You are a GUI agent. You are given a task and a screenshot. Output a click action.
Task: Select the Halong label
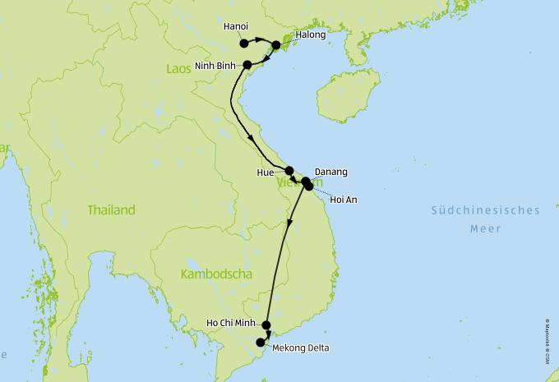311,35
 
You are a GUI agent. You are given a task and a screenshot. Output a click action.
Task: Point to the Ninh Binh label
215,66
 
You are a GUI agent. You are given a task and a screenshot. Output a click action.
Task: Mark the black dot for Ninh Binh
247,63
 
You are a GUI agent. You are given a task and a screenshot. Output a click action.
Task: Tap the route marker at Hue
289,171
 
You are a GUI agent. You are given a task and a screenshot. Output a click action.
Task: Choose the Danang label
331,172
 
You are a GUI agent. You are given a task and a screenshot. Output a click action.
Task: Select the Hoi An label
343,200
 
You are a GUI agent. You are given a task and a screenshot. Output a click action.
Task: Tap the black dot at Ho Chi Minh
266,325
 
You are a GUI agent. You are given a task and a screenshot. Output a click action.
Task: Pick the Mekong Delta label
300,348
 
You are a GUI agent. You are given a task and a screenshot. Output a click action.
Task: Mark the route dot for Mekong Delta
261,343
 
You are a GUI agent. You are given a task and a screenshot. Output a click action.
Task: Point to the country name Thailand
111,210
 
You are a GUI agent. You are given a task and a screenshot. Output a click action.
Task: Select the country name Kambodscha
215,274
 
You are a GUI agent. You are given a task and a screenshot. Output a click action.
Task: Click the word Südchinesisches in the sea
486,210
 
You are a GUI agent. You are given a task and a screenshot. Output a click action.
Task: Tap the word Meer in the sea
485,229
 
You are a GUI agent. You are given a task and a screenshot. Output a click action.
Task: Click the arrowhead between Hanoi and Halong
260,40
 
